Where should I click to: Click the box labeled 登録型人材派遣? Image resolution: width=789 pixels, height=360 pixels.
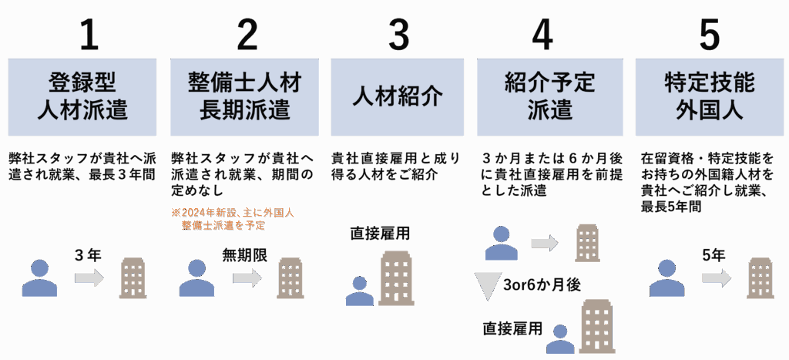point(82,97)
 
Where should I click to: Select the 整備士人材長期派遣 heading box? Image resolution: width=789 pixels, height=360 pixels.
point(244,97)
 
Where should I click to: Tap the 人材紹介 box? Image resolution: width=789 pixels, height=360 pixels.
point(398,97)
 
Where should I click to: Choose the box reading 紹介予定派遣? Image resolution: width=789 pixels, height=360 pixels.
point(550,97)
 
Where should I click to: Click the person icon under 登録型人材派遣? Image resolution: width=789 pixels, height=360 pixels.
point(39,278)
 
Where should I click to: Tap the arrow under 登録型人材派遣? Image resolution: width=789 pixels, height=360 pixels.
point(89,278)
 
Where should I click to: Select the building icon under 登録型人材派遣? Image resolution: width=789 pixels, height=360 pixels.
point(133,278)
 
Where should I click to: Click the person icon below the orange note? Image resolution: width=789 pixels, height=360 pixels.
point(196,278)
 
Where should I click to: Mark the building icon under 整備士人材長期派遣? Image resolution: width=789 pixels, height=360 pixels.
point(290,278)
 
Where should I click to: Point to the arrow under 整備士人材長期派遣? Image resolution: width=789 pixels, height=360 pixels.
point(247,278)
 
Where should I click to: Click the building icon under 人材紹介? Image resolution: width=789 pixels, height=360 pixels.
point(396,278)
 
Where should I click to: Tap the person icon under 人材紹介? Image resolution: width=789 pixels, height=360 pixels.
point(359,291)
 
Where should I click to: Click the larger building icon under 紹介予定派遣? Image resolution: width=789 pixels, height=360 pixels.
point(596,326)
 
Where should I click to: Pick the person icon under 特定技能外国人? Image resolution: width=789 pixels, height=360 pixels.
point(666,278)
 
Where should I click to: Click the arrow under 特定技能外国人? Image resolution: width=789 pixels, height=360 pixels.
point(717,278)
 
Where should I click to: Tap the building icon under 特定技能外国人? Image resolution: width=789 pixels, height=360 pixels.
point(760,278)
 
